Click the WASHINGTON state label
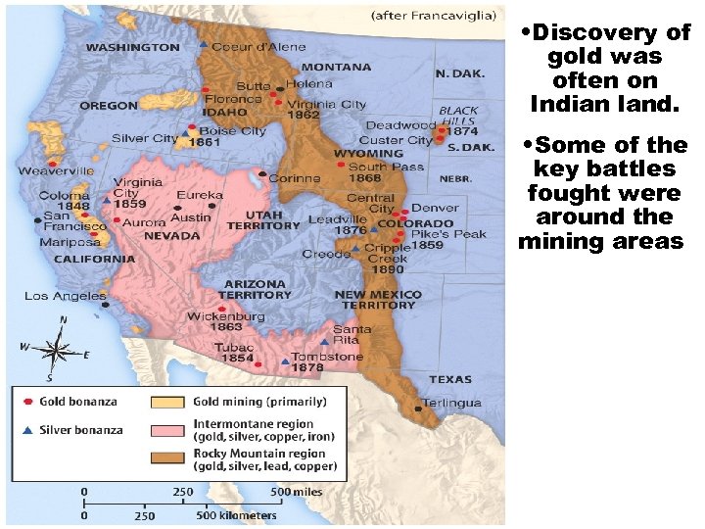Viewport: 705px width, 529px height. pyautogui.click(x=132, y=46)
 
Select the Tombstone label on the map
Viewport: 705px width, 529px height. pyautogui.click(x=328, y=357)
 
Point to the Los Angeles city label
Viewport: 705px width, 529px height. pyautogui.click(x=65, y=295)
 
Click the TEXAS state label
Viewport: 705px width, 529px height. pyautogui.click(x=449, y=379)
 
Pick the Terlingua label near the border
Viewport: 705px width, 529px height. pyautogui.click(x=453, y=403)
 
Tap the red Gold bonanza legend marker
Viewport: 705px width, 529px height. pyautogui.click(x=29, y=402)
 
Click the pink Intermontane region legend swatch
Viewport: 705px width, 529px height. pyautogui.click(x=167, y=430)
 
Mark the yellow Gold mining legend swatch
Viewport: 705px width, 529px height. pyautogui.click(x=167, y=402)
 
